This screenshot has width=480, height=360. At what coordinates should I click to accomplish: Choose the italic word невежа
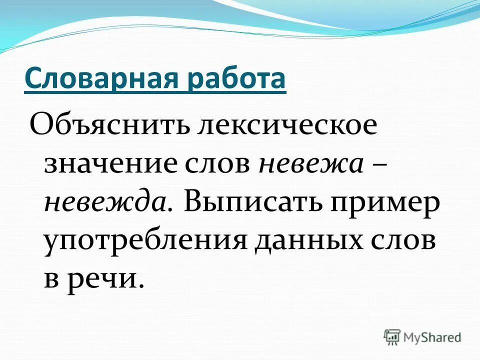point(310,163)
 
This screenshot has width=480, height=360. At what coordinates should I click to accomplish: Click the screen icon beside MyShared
point(393,336)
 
